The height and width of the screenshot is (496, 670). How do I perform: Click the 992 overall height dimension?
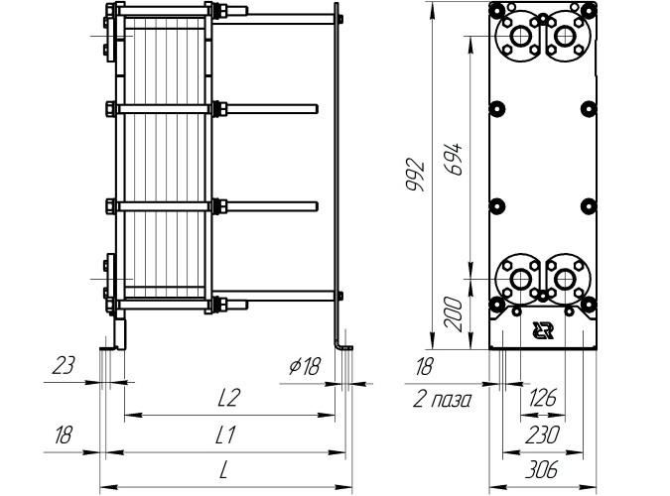click(x=415, y=176)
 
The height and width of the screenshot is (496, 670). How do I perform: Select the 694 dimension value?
click(x=454, y=160)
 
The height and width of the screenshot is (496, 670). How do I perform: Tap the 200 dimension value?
click(x=454, y=315)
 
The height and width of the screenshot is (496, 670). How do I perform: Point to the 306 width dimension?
click(x=541, y=470)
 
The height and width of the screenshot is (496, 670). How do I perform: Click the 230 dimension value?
click(x=542, y=435)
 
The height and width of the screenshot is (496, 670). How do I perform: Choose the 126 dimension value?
click(x=543, y=398)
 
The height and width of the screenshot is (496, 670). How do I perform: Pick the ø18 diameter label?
click(x=305, y=366)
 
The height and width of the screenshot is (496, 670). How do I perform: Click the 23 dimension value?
click(x=64, y=365)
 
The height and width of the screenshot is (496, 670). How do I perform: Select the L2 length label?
click(x=228, y=398)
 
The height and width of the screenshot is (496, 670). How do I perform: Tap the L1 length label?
click(x=225, y=435)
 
